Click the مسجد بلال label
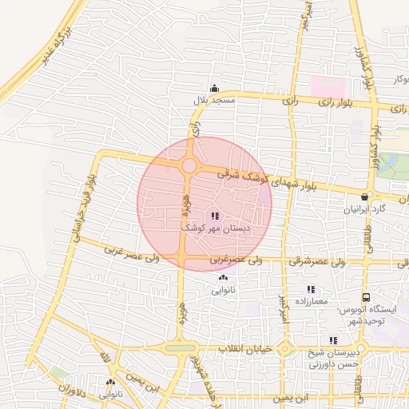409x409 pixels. click(213, 101)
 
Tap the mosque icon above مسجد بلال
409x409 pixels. click(213, 89)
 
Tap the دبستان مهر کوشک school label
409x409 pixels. click(215, 228)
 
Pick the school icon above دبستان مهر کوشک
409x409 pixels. click(214, 216)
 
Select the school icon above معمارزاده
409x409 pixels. click(311, 289)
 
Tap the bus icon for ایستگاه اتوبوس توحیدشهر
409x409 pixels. click(366, 296)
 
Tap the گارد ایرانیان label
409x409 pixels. click(364, 209)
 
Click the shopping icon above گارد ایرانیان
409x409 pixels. click(365, 197)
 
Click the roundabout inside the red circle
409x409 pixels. click(189, 165)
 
